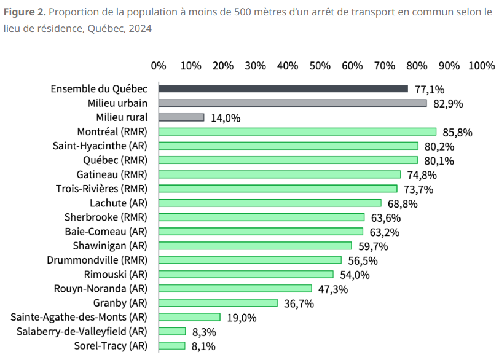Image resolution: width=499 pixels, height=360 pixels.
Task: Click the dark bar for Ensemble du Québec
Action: [x=283, y=89]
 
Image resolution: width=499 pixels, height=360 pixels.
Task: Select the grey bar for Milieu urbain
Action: [x=293, y=103]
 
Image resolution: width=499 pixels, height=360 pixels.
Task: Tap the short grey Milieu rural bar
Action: [x=181, y=117]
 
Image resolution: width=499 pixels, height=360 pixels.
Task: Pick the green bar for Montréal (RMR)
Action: [x=297, y=131]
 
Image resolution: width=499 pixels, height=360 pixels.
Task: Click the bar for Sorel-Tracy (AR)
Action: [x=172, y=345]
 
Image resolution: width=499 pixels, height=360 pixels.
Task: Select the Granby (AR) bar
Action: [x=218, y=303]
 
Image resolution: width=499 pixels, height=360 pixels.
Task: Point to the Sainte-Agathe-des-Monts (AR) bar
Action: [x=189, y=317]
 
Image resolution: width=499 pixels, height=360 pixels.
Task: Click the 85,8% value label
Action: [x=455, y=132]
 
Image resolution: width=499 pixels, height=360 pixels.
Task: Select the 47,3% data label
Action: [x=331, y=289]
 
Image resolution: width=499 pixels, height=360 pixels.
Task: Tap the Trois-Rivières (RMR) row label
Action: [x=101, y=189]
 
